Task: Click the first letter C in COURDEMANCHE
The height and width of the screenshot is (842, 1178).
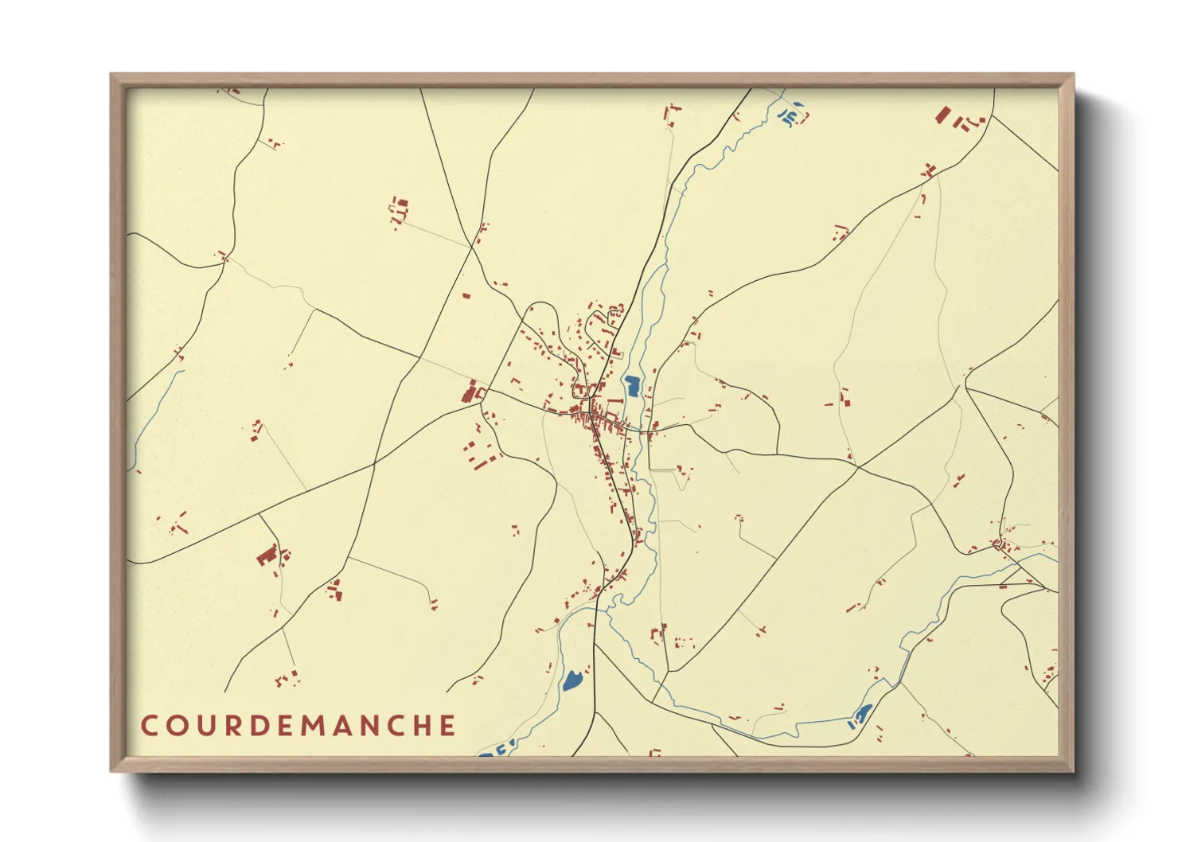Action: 150,726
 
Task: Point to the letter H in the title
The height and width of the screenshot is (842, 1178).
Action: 420,726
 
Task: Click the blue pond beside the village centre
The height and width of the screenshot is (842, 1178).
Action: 633,387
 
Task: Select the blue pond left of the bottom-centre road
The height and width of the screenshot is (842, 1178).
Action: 571,680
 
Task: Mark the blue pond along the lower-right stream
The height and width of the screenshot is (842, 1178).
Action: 862,713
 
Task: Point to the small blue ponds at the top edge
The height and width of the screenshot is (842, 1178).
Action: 791,115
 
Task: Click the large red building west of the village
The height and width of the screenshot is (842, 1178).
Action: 470,392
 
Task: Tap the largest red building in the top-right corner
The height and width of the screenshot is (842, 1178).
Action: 943,115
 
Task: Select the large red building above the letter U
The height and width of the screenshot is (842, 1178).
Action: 267,555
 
